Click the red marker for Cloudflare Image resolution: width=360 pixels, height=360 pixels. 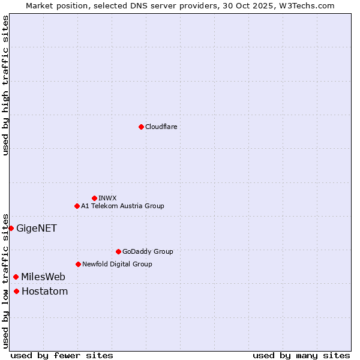(x=141, y=127)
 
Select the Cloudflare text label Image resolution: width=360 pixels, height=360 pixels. (x=161, y=127)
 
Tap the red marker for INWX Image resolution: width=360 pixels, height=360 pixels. (x=94, y=198)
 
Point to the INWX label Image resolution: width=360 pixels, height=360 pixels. (x=107, y=198)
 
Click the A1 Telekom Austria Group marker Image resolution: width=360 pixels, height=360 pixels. (x=77, y=206)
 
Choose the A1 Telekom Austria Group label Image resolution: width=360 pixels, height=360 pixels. (x=122, y=206)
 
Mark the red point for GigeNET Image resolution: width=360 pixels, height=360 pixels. (x=11, y=228)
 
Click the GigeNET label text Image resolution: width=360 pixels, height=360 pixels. (x=36, y=228)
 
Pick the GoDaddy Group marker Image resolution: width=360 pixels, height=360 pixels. (x=118, y=251)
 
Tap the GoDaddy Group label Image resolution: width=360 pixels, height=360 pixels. (x=148, y=251)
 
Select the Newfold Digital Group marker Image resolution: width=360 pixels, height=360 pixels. (x=78, y=264)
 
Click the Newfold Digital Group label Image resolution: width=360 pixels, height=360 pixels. (x=117, y=264)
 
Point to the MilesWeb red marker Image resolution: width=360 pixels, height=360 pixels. (x=16, y=277)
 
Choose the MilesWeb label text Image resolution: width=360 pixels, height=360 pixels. (x=43, y=277)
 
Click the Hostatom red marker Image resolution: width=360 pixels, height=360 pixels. (x=16, y=292)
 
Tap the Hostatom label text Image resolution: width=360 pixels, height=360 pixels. (x=44, y=292)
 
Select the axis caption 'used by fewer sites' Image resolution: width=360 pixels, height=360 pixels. (x=62, y=356)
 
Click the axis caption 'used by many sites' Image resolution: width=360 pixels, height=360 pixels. (x=301, y=356)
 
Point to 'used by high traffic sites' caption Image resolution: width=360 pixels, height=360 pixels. (x=6, y=85)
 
